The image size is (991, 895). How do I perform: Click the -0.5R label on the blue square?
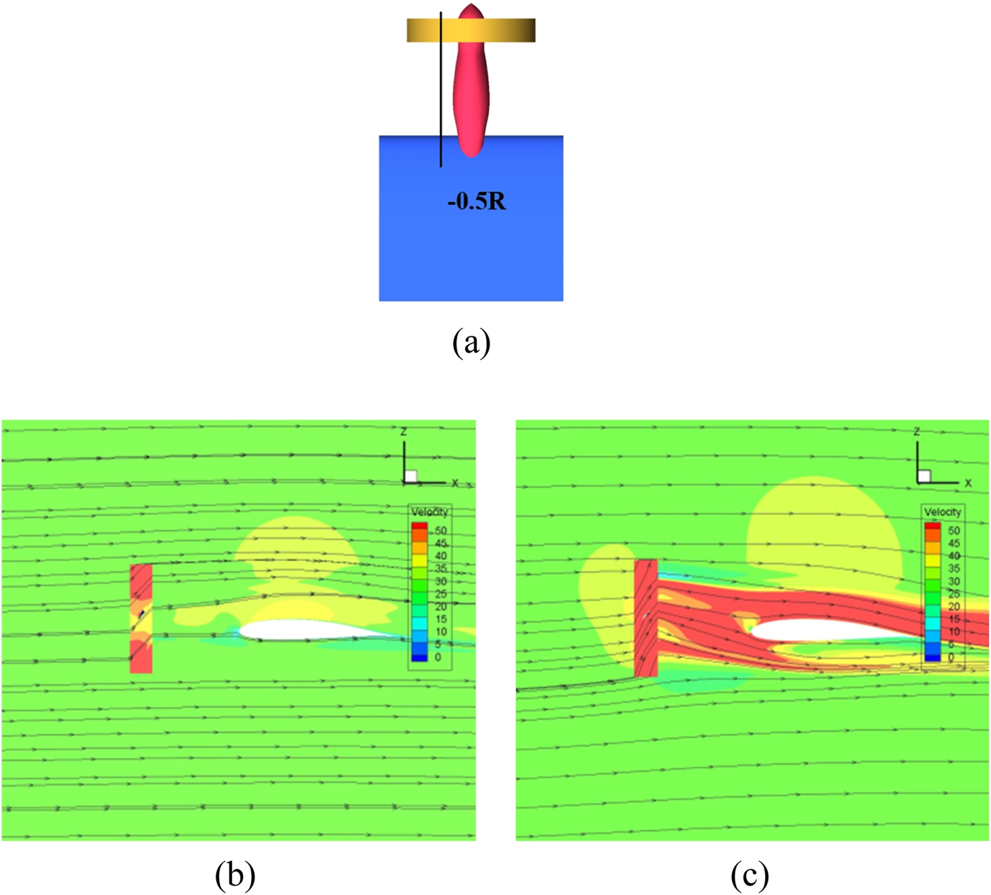point(476,202)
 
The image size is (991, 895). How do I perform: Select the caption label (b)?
point(235,875)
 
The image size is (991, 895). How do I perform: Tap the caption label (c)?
point(750,875)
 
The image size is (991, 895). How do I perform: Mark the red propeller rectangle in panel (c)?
point(646,617)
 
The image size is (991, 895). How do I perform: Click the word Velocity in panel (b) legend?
point(429,512)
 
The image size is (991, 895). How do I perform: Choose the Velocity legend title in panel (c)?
point(942,512)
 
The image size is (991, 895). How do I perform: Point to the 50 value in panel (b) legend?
point(441,531)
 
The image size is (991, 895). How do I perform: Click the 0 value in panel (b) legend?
point(438,657)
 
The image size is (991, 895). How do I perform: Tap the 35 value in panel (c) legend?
point(954,568)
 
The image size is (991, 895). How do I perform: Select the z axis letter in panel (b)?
point(404,432)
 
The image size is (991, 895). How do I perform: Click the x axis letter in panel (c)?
point(968,483)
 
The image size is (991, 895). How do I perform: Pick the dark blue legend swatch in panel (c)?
point(932,657)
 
